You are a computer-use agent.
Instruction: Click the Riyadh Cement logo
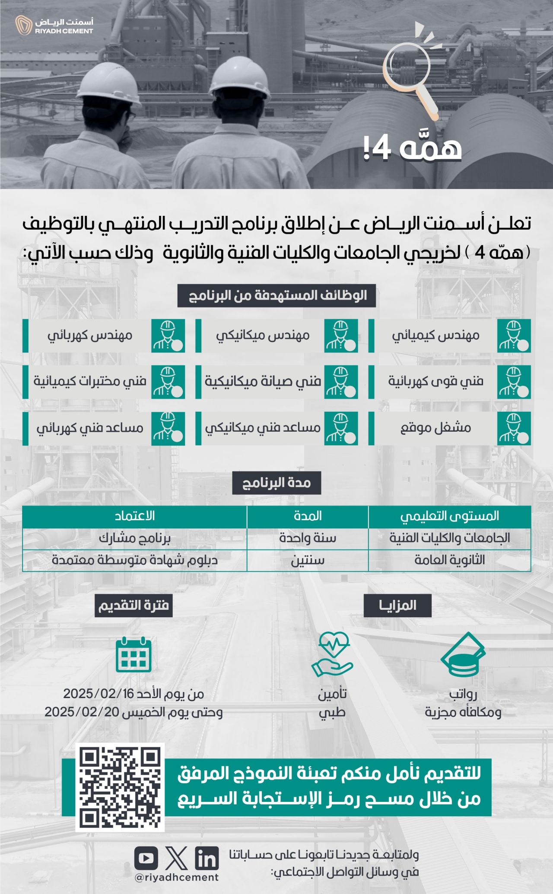54,25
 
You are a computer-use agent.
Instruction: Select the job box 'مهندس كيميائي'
449,336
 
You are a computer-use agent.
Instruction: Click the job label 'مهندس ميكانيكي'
263,336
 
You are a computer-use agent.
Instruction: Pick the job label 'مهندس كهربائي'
90,336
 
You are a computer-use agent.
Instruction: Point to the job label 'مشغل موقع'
435,428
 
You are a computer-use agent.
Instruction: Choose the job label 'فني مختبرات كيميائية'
90,381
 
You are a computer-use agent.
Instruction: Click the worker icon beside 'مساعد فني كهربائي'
168,428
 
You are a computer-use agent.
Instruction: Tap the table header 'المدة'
308,516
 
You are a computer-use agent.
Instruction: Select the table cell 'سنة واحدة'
308,538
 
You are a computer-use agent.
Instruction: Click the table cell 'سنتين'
308,561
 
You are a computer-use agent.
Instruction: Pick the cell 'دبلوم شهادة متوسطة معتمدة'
135,561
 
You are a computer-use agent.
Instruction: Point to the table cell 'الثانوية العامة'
449,561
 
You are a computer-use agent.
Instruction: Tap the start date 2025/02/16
99,694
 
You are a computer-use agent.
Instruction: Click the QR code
120,787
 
